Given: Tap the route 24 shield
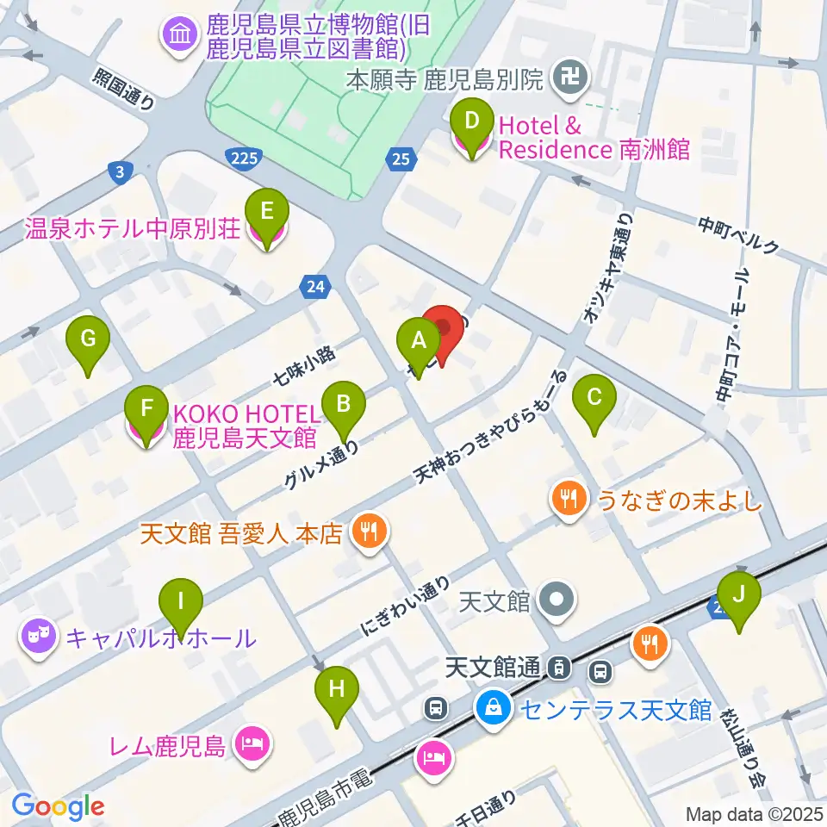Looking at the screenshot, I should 316,287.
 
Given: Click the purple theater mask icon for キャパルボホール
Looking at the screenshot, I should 39,637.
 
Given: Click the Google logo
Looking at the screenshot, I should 58,805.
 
